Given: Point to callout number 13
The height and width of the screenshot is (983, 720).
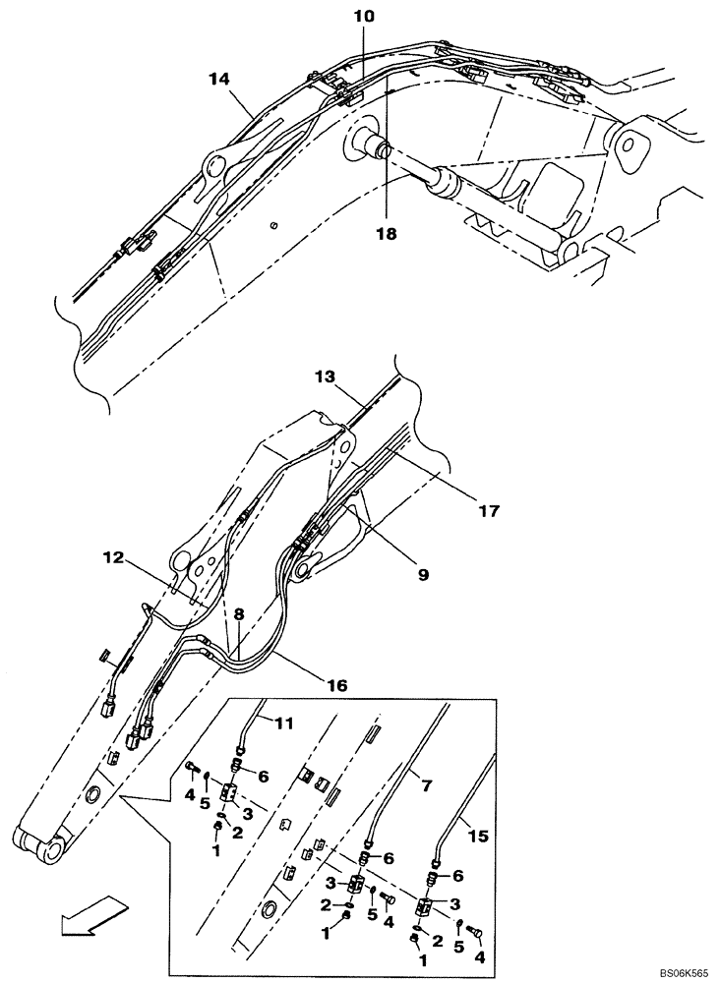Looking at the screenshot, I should tap(326, 377).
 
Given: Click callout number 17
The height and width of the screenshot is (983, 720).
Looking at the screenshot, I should tap(489, 511).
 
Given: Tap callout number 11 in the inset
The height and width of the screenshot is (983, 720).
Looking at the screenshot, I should tap(283, 724).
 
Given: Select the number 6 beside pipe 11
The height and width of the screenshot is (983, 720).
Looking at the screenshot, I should tap(264, 775).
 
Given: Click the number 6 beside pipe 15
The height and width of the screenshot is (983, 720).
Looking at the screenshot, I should tap(456, 873).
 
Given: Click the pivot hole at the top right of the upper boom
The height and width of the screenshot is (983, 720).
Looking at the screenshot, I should tap(627, 144).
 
